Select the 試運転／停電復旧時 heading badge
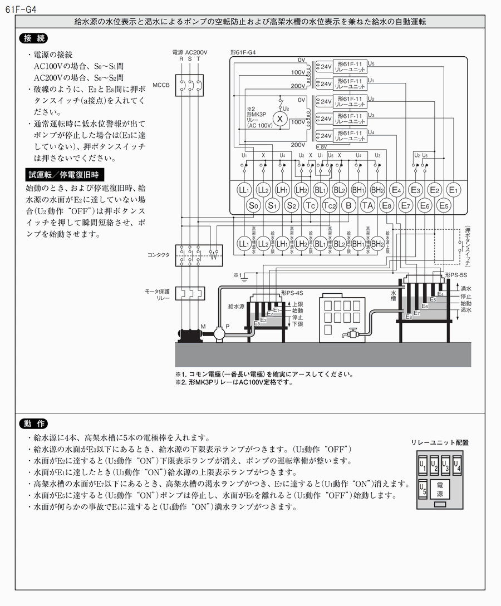coord(63,175)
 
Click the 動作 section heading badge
coord(33,423)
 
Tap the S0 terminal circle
coord(254,205)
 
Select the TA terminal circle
coord(367,205)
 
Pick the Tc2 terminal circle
coord(330,205)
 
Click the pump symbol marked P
coord(218,334)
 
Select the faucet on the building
coord(352,334)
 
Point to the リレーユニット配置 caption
coord(440,442)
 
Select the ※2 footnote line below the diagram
coord(234,382)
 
